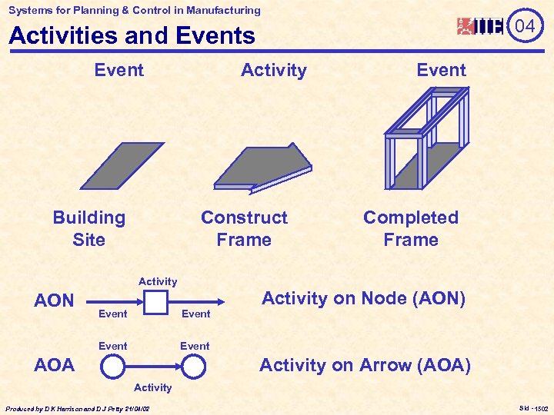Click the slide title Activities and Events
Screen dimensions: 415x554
132,36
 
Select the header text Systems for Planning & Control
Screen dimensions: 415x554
135,10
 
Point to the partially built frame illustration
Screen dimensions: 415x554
262,168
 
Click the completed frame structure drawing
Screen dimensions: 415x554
426,138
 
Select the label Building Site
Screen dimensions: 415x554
88,228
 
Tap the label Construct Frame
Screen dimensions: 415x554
244,228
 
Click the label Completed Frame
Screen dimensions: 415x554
411,228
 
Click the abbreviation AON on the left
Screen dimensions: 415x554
54,300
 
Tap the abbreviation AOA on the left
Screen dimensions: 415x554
55,365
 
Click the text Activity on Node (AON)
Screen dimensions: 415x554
363,298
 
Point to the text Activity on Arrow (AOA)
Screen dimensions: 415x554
365,365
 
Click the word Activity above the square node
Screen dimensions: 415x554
158,282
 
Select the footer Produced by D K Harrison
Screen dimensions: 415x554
78,408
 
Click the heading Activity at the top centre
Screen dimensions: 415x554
273,70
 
